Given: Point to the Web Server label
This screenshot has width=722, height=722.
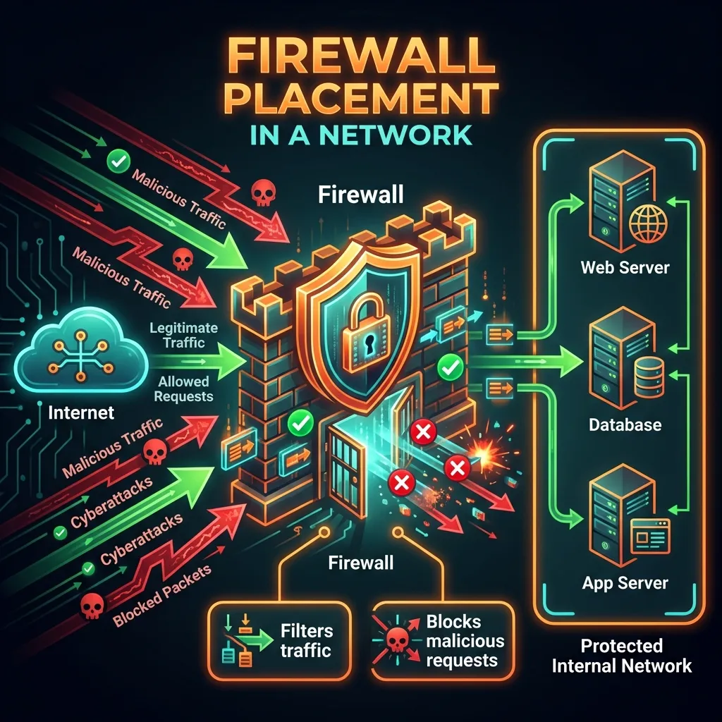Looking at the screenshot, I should point(625,268).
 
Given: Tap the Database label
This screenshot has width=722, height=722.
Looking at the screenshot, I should point(625,424).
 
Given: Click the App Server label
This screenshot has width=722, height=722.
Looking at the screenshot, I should point(625,583).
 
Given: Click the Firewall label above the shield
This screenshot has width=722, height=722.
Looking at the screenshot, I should point(360,194).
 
